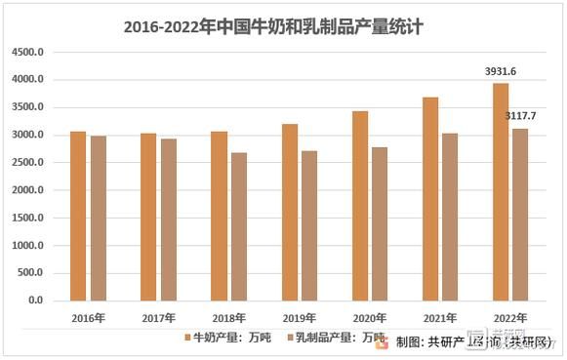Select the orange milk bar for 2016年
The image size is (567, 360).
coord(78,216)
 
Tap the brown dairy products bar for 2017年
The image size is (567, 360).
coord(169,220)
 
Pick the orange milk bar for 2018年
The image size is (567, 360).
coord(219,216)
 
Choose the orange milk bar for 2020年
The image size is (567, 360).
coord(359,206)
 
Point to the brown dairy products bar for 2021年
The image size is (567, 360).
coord(450,217)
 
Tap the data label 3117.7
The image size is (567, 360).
coord(520,116)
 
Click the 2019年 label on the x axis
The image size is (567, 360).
coord(300,317)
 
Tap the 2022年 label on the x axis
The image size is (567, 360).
coord(510,317)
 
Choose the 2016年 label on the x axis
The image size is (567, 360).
coord(89,317)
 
